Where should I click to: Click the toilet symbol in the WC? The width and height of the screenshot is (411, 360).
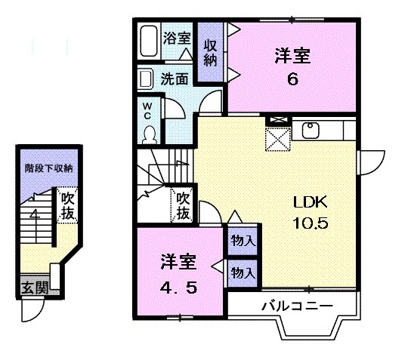pyautogui.click(x=149, y=133)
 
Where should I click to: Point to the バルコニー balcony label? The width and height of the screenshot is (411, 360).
pyautogui.click(x=292, y=307)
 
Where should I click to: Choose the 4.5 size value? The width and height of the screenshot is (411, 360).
pyautogui.click(x=179, y=288)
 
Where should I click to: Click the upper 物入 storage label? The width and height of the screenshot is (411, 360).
pyautogui.click(x=243, y=242)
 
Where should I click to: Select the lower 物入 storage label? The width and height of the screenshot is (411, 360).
pyautogui.click(x=243, y=271)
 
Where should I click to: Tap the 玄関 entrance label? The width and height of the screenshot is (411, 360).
pyautogui.click(x=32, y=288)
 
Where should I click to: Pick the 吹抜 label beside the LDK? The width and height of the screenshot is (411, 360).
pyautogui.click(x=183, y=205)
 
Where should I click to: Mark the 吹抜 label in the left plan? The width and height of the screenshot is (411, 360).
pyautogui.click(x=68, y=207)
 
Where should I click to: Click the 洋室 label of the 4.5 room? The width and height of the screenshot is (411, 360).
pyautogui.click(x=179, y=263)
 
